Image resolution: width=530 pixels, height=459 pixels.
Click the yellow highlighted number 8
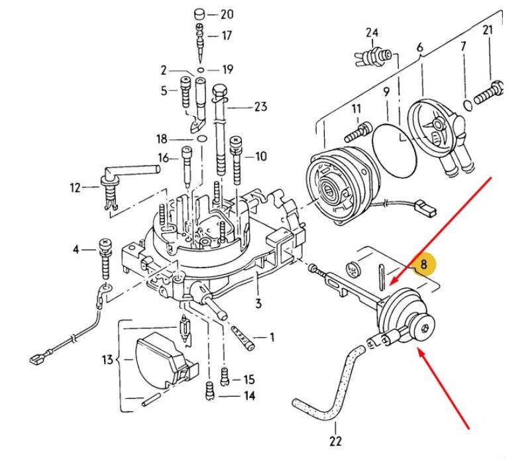point(423,265)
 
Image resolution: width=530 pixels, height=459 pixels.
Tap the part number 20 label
point(227,14)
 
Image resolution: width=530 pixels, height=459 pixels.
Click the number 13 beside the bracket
point(107,360)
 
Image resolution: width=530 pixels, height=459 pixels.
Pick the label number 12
point(76,188)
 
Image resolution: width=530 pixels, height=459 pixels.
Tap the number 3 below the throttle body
point(258,303)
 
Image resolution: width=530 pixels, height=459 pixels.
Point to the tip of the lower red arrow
point(419,352)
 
